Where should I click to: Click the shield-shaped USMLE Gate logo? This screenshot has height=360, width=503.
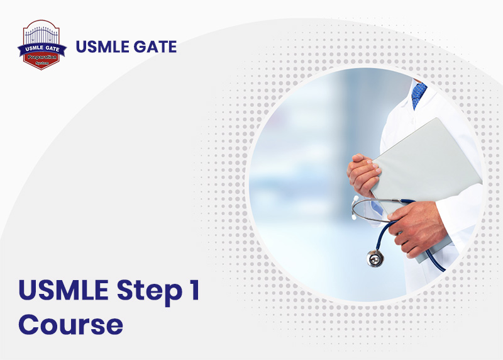coord(41,45)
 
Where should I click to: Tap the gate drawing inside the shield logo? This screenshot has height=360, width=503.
coord(41,35)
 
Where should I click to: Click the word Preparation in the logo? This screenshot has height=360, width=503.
coord(41,56)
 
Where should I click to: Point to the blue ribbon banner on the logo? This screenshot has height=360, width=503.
coord(41,48)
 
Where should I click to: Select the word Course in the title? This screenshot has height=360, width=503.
coord(70,324)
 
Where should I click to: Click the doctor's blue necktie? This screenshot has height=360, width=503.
coord(419,94)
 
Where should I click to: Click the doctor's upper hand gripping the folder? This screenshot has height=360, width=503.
coord(365,173)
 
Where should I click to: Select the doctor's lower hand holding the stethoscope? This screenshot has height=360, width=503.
coord(418,227)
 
